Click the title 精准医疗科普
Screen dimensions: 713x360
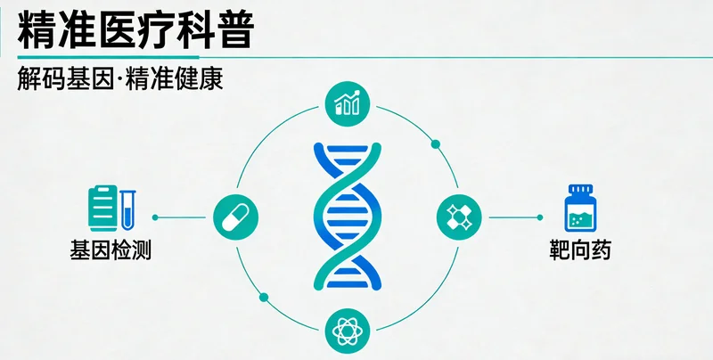coord(135,31)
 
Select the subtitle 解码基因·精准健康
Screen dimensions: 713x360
coord(120,78)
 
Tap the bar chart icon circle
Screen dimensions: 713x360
coord(348,103)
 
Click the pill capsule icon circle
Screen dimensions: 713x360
coord(235,217)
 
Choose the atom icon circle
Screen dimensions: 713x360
coord(348,331)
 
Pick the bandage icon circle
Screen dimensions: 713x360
coord(459,217)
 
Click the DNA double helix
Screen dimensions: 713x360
coord(348,217)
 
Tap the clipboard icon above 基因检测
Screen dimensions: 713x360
coord(102,208)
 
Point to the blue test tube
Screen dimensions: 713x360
coord(127,210)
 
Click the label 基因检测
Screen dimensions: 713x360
coord(111,250)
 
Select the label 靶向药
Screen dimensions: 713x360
coord(580,250)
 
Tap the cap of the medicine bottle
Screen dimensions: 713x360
coord(581,189)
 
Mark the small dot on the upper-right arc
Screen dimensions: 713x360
coord(436,144)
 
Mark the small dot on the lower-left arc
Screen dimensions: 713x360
coord(264,298)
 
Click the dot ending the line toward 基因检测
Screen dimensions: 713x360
coord(155,217)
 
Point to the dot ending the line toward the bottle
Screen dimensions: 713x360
coord(540,217)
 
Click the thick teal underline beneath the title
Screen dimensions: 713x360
coord(108,57)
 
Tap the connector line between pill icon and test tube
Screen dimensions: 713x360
coord(180,217)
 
